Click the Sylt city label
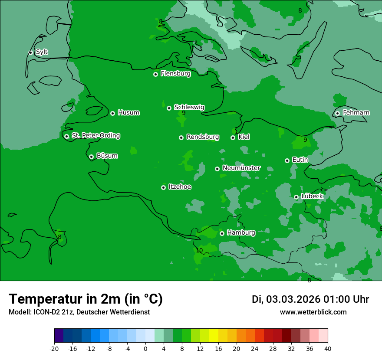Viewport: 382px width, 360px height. click(42, 52)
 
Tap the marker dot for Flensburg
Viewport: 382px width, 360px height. click(155, 74)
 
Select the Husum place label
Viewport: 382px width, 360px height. click(128, 113)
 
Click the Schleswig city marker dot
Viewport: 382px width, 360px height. click(169, 108)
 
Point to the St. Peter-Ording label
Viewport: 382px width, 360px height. click(95, 136)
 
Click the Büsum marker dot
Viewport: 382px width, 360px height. click(91, 157)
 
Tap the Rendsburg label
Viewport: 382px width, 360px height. click(202, 137)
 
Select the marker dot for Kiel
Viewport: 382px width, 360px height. click(233, 137)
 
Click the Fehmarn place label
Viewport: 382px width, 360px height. click(356, 113)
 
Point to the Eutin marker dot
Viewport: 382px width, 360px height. click(287, 160)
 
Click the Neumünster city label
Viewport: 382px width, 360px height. click(241, 168)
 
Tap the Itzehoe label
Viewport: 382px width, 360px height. click(180, 187)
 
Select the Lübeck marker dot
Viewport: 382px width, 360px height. click(296, 197)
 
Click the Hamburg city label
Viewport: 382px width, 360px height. click(241, 233)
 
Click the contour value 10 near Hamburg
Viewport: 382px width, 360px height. click(199, 250)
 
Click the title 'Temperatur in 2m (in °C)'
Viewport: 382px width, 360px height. click(86, 299)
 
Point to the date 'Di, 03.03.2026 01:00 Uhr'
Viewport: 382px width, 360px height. click(310, 299)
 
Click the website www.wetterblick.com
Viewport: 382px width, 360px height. click(313, 312)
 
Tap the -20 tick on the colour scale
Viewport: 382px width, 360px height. click(54, 349)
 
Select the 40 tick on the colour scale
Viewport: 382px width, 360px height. click(328, 349)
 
